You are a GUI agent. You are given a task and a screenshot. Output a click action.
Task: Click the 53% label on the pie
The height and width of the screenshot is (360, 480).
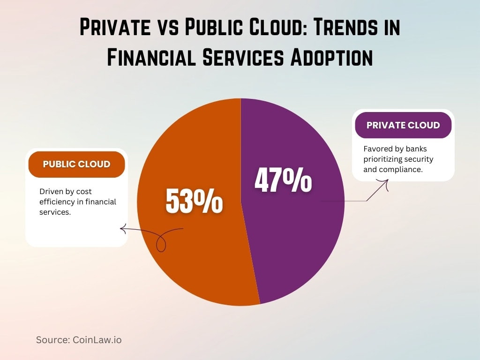pyautogui.click(x=194, y=202)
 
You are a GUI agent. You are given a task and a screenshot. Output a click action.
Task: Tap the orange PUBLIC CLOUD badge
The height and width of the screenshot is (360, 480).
pyautogui.click(x=76, y=164)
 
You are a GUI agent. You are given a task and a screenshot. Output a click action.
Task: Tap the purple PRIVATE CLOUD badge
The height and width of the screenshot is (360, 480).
pyautogui.click(x=403, y=125)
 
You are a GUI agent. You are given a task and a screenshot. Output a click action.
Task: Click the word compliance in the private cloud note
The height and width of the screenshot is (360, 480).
pyautogui.click(x=400, y=169)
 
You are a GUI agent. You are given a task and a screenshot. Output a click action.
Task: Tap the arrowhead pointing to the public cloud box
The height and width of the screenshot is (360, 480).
pyautogui.click(x=123, y=229)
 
